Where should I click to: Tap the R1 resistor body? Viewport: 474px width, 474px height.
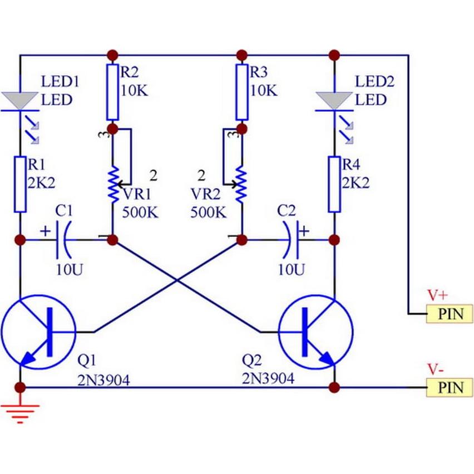[x=21, y=184]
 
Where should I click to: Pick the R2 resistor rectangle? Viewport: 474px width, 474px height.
[x=112, y=92]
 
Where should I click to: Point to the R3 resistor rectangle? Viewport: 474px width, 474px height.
[x=241, y=92]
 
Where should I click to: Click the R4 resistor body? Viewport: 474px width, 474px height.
[x=334, y=184]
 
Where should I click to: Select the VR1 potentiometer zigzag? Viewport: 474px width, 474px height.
[x=112, y=184]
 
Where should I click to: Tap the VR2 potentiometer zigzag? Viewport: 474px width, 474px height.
[x=241, y=184]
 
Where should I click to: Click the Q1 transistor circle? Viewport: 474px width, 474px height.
[x=38, y=332]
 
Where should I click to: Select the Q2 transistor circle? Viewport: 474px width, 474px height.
[x=316, y=332]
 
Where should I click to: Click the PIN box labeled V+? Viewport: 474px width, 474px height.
[x=450, y=314]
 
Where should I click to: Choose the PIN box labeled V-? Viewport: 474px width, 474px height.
[x=450, y=387]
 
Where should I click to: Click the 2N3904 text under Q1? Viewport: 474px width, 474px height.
[x=104, y=380]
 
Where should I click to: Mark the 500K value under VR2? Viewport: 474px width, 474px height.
[x=209, y=212]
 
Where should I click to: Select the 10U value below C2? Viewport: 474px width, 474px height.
[x=292, y=270]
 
